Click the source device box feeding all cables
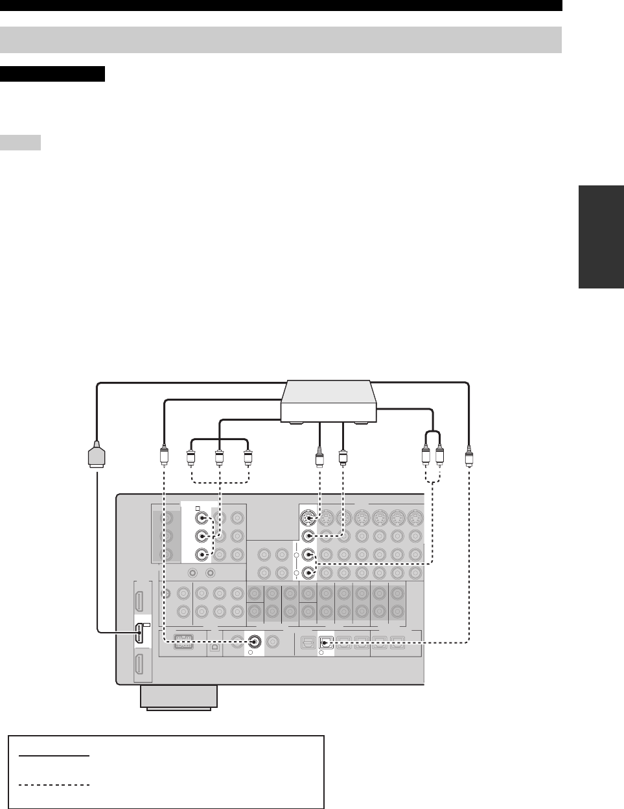click(329, 403)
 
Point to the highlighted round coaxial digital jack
click(254, 642)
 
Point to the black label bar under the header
click(52, 73)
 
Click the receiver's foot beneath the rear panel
click(178, 698)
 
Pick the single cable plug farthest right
click(469, 458)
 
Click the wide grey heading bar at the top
click(281, 40)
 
